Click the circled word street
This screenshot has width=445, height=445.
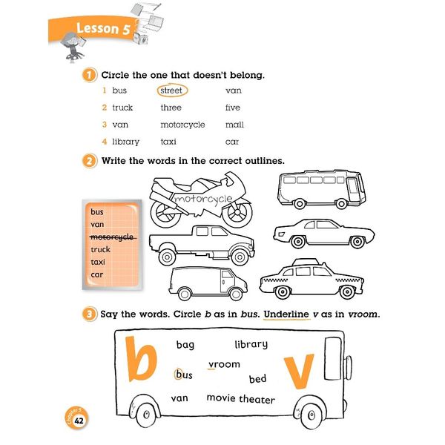click(171, 90)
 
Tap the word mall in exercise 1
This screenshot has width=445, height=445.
click(234, 125)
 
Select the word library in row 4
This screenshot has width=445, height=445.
click(125, 142)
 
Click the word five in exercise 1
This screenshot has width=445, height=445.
click(233, 108)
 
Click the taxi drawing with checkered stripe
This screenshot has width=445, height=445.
click(311, 278)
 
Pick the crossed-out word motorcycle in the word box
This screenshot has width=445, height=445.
click(111, 237)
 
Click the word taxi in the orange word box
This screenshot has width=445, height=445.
click(98, 262)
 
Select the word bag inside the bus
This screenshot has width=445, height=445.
click(185, 345)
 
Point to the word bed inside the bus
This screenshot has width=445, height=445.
click(257, 379)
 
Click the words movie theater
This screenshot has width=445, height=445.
click(240, 399)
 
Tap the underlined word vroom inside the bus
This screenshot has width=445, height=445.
click(224, 364)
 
